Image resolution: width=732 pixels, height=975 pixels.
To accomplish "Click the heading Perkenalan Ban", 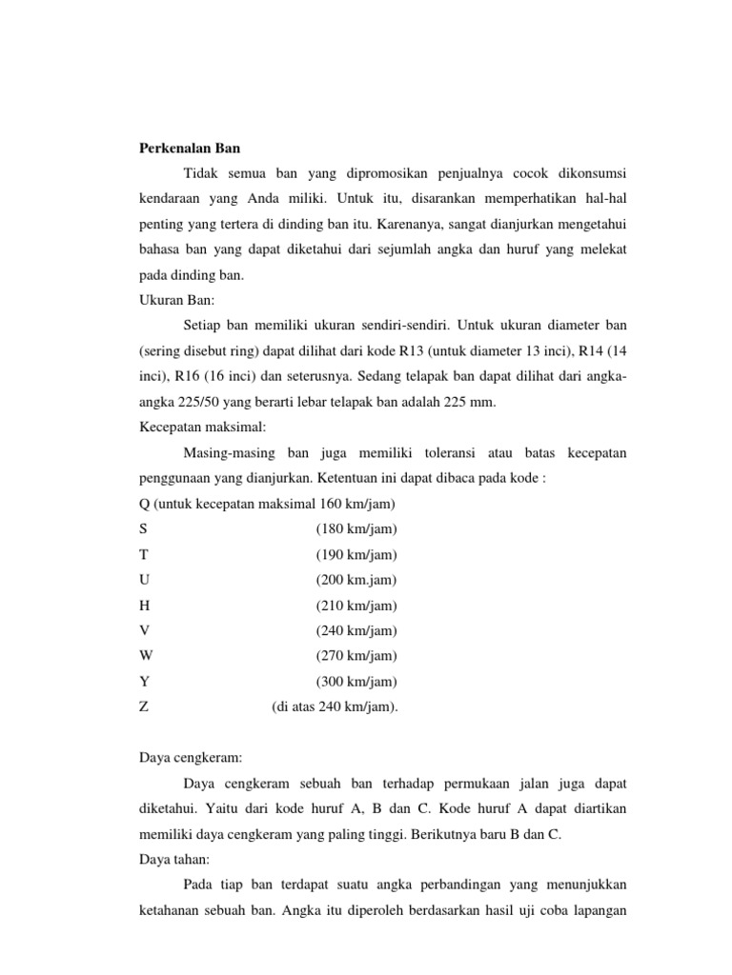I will pyautogui.click(x=184, y=149).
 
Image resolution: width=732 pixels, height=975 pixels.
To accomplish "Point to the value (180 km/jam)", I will pyautogui.click(x=356, y=529).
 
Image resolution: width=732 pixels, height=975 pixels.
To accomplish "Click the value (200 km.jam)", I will pyautogui.click(x=356, y=580).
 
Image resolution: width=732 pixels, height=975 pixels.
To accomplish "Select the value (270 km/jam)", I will pyautogui.click(x=356, y=656).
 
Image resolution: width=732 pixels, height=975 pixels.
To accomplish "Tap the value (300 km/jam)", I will pyautogui.click(x=356, y=682).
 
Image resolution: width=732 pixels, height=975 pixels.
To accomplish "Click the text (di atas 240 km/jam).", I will pyautogui.click(x=335, y=706).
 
